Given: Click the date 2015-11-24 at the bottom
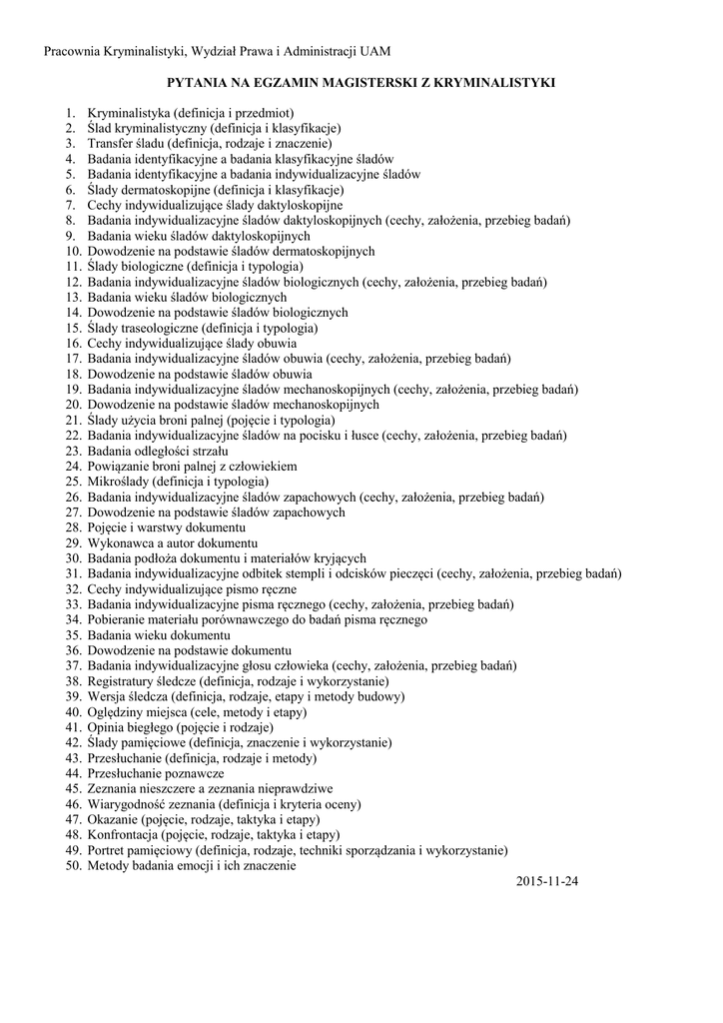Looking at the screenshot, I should pyautogui.click(x=548, y=882).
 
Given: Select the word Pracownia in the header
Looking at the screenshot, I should pyautogui.click(x=73, y=50).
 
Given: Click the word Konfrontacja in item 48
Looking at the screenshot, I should pyautogui.click(x=123, y=834).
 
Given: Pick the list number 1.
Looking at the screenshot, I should pyautogui.click(x=71, y=113).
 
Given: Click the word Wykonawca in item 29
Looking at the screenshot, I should pyautogui.click(x=120, y=542).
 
